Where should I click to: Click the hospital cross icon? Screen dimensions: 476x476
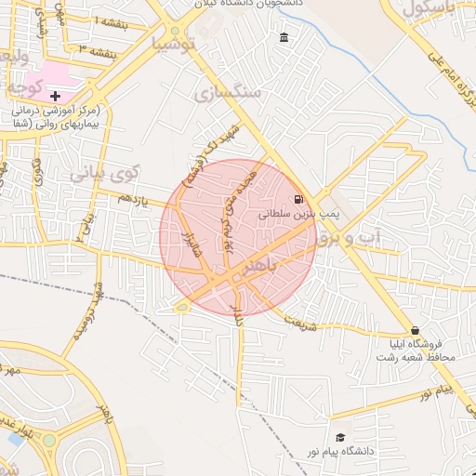(55, 96)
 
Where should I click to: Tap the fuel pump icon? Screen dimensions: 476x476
(297, 199)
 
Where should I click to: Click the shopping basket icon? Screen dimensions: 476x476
(415, 330)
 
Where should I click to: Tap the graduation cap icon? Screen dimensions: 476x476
(340, 437)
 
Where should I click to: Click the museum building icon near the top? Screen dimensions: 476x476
(284, 38)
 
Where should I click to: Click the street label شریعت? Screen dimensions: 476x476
(299, 321)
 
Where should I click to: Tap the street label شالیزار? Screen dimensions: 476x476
(189, 247)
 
